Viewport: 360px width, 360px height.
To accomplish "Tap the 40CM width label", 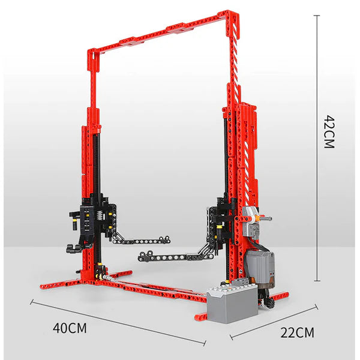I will tap(70, 328).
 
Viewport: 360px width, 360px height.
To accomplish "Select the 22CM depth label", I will tap(296, 332).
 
